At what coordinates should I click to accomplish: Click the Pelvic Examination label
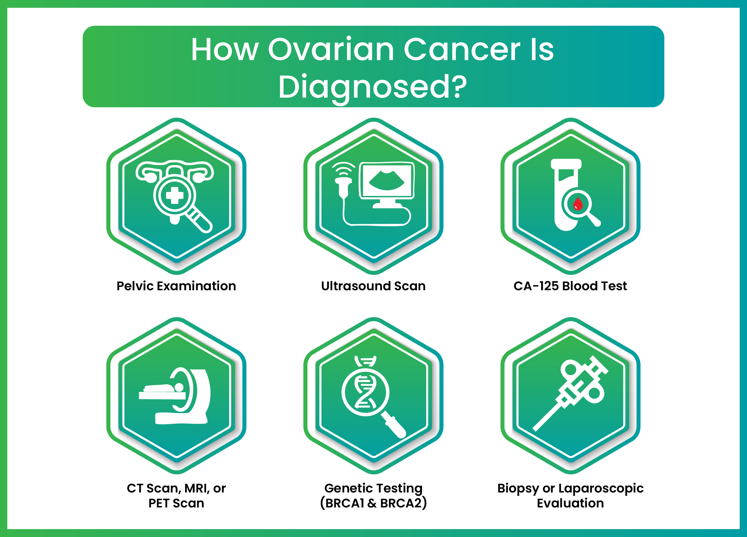(x=176, y=286)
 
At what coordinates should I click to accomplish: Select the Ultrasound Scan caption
(x=373, y=286)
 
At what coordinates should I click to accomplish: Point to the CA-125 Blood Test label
(x=570, y=286)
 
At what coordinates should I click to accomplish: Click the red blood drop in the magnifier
(x=578, y=204)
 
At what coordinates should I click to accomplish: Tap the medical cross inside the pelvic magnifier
(x=175, y=195)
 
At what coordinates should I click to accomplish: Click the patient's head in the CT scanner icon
(x=179, y=387)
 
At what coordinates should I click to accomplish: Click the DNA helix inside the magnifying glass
(x=365, y=392)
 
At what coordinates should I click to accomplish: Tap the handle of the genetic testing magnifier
(x=396, y=427)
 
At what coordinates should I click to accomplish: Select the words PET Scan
(x=176, y=503)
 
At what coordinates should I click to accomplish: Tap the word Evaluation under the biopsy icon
(x=570, y=503)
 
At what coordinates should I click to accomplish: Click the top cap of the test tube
(x=566, y=164)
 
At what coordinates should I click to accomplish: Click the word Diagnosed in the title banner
(x=365, y=87)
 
